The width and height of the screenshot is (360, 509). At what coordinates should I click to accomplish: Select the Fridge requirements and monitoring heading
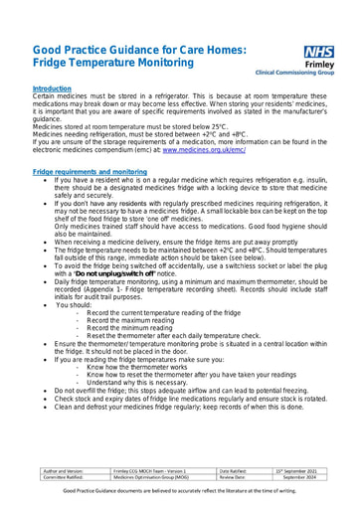click(x=90, y=172)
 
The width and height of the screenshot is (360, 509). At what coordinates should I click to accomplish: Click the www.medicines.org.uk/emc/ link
click(x=203, y=151)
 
